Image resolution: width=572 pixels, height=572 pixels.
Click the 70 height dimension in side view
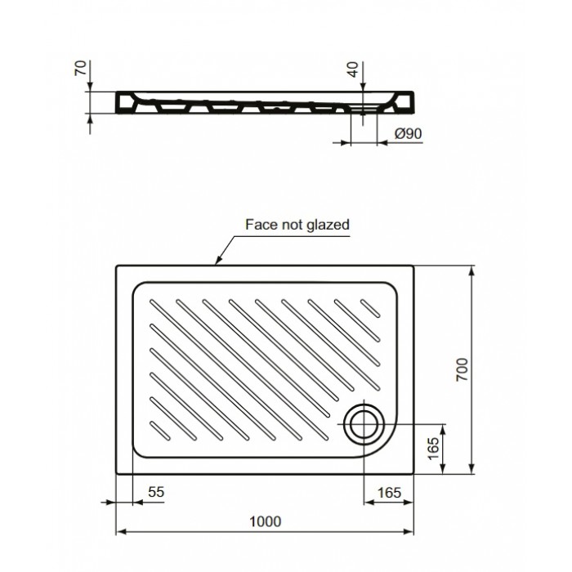pyautogui.click(x=79, y=68)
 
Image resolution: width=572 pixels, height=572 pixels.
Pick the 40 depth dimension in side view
pyautogui.click(x=352, y=69)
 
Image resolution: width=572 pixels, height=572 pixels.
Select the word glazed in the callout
pyautogui.click(x=328, y=224)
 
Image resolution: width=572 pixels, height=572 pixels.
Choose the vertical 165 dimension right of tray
pyautogui.click(x=434, y=448)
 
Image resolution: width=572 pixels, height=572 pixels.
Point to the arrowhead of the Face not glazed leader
pyautogui.click(x=217, y=262)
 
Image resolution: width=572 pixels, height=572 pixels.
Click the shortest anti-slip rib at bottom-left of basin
pyautogui.click(x=160, y=427)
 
